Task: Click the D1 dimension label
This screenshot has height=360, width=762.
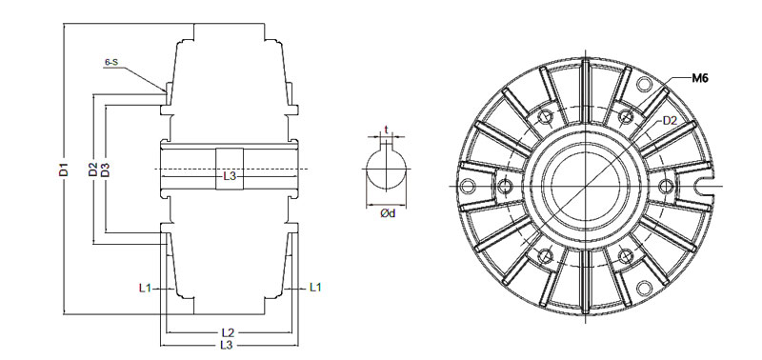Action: (64, 170)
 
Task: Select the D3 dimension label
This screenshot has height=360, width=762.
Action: (105, 170)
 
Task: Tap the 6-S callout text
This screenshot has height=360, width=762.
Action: (111, 62)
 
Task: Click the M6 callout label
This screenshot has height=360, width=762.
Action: (700, 78)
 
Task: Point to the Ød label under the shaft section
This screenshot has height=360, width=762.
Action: (388, 213)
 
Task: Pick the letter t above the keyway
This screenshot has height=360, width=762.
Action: (386, 130)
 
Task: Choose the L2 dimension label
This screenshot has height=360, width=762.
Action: (228, 332)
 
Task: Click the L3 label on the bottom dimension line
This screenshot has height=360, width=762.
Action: (227, 345)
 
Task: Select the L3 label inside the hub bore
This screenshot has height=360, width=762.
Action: (230, 176)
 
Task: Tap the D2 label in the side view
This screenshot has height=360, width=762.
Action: (92, 170)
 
